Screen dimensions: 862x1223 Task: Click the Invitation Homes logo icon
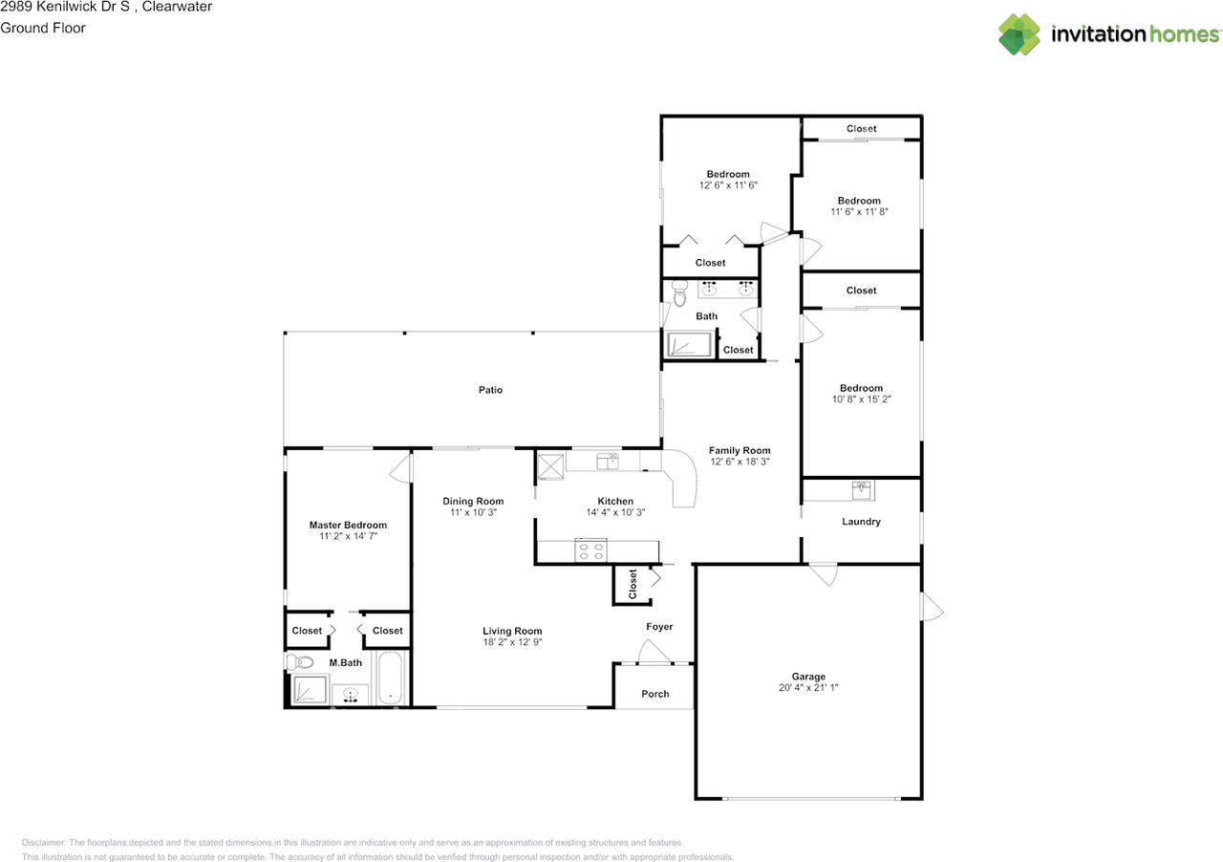click(x=1019, y=34)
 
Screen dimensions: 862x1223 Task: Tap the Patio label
click(x=490, y=390)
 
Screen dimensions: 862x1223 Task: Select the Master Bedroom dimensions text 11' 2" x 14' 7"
click(x=348, y=537)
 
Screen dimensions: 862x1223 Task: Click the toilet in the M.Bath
click(x=301, y=662)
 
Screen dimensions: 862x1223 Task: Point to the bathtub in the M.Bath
click(x=391, y=679)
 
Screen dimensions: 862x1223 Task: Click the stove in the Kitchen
click(x=590, y=550)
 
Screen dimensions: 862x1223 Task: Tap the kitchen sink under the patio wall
click(x=607, y=462)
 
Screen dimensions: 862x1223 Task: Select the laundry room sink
click(x=863, y=489)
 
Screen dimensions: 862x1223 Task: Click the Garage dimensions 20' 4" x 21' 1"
click(x=807, y=688)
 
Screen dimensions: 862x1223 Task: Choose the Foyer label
click(x=659, y=627)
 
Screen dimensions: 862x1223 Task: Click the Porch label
click(x=654, y=694)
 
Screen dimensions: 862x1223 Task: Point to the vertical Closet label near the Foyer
click(x=633, y=584)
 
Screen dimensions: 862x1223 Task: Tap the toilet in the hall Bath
click(x=679, y=293)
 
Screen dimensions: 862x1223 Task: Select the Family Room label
click(x=740, y=450)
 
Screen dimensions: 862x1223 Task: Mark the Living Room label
click(x=512, y=631)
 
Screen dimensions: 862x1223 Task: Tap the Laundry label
click(x=861, y=522)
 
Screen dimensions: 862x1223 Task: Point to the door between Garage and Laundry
click(x=822, y=575)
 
